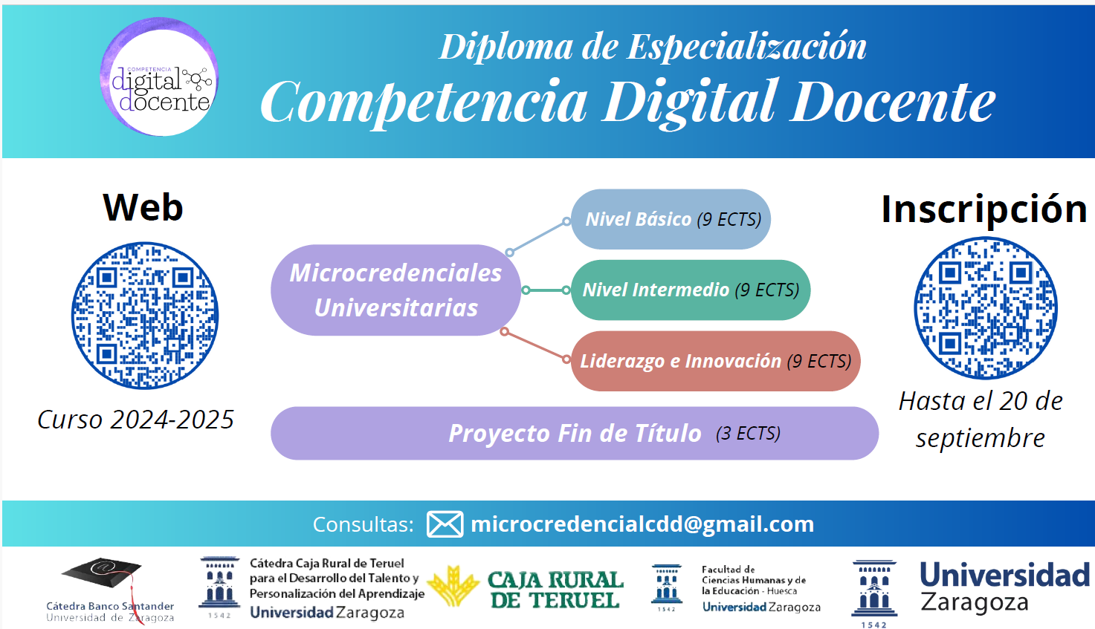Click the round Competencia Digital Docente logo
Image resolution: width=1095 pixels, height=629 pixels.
159,76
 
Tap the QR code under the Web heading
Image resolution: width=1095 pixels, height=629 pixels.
145,316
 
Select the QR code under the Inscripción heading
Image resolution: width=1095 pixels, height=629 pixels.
986,307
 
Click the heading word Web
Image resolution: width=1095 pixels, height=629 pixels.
143,207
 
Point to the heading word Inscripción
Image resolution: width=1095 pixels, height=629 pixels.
983,209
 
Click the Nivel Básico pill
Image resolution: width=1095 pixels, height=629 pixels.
671,219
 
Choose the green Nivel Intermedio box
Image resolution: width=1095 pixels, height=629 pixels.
691,290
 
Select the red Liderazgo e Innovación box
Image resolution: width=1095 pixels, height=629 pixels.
716,361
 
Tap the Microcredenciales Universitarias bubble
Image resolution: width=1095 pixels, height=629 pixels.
396,290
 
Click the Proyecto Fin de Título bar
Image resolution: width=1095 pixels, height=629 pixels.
575,433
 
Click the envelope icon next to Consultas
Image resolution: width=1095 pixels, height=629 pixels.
445,524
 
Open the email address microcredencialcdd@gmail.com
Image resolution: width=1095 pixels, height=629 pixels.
642,524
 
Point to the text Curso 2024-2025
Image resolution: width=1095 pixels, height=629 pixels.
135,420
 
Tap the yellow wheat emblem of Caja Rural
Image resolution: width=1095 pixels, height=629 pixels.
453,586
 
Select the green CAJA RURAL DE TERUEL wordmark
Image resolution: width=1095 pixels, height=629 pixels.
556,590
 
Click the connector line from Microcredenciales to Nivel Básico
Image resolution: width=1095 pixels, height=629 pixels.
537,237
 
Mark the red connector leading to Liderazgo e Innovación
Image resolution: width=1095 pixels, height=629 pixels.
535,346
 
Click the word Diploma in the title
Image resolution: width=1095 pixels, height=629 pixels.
506,48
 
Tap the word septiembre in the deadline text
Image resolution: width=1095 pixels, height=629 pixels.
981,438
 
